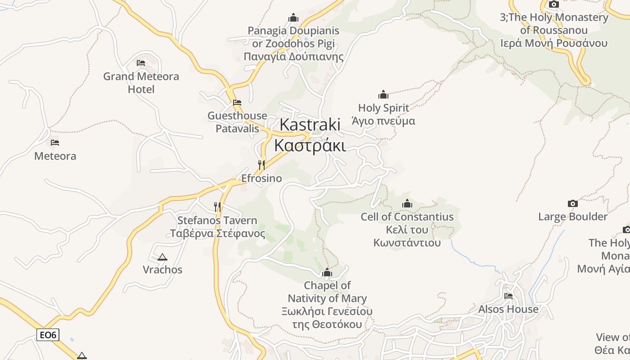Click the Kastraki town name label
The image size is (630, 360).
click(310, 135)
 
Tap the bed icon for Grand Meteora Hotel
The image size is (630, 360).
click(141, 63)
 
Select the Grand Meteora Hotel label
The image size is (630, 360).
click(141, 83)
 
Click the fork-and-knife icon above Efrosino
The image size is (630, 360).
click(261, 165)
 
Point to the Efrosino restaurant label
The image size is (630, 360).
click(261, 178)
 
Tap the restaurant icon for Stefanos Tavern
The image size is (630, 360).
click(217, 207)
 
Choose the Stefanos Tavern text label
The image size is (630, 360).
click(217, 227)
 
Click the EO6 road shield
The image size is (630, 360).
click(48, 335)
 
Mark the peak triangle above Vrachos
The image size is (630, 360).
click(162, 257)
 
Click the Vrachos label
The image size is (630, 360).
click(162, 270)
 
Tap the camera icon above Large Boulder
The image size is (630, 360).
click(572, 203)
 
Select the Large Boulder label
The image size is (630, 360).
click(573, 216)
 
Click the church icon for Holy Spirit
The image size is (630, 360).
click(383, 94)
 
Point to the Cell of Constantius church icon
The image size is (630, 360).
click(407, 204)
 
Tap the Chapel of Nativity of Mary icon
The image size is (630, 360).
click(327, 273)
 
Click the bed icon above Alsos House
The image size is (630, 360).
click(508, 296)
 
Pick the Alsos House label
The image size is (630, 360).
click(508, 309)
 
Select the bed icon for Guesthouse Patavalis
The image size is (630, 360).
click(237, 103)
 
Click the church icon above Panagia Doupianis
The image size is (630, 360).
click(293, 18)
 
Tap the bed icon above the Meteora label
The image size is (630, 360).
click(55, 143)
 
